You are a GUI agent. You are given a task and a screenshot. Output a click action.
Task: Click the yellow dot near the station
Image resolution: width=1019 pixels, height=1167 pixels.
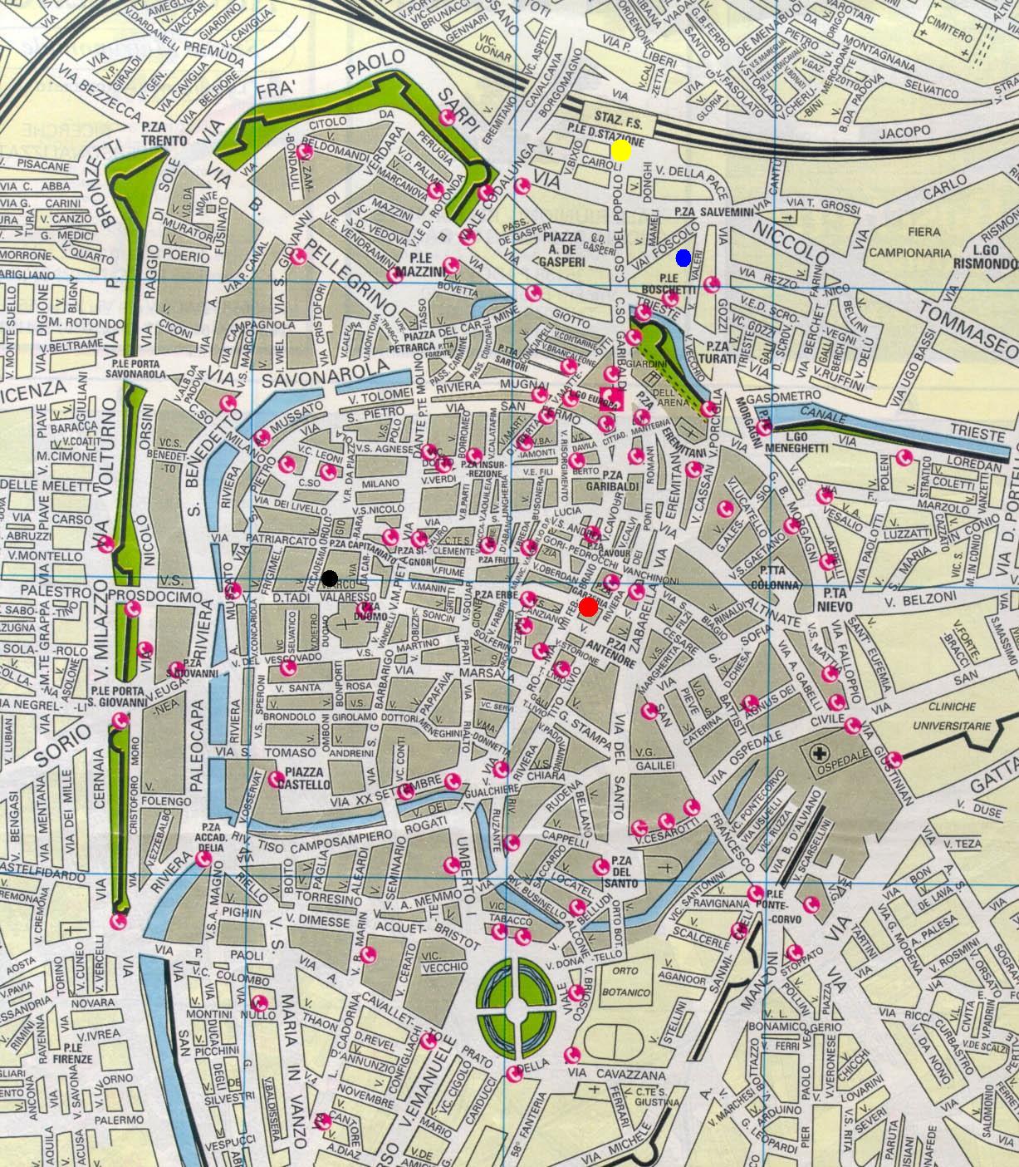coord(620,150)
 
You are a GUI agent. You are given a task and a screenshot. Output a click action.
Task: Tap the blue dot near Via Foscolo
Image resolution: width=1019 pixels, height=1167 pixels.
coord(683,259)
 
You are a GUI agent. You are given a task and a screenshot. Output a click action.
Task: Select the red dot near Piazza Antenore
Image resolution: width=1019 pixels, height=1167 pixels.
coord(588,608)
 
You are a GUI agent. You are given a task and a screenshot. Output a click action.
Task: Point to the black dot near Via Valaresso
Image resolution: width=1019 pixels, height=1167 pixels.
coord(330,578)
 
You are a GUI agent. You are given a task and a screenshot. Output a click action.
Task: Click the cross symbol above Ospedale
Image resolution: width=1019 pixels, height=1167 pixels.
coord(821,754)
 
